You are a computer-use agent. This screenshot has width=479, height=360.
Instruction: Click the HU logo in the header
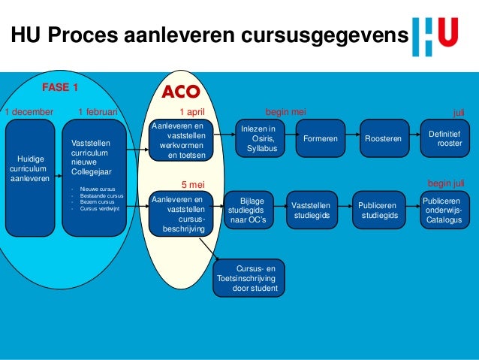click(437, 35)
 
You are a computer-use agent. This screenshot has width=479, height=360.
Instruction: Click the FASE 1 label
click(60, 88)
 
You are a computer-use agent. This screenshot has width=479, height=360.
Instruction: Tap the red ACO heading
click(182, 92)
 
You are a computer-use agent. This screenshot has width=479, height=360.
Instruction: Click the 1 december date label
click(30, 112)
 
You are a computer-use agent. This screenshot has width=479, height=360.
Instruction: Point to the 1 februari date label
click(98, 112)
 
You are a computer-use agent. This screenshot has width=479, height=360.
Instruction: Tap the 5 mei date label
click(194, 183)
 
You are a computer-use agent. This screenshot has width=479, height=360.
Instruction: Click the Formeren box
click(320, 138)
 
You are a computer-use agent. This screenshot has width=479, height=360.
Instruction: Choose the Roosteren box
click(383, 138)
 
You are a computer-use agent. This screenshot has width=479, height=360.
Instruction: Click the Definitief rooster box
click(449, 138)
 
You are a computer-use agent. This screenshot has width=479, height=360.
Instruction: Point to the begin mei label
click(286, 112)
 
